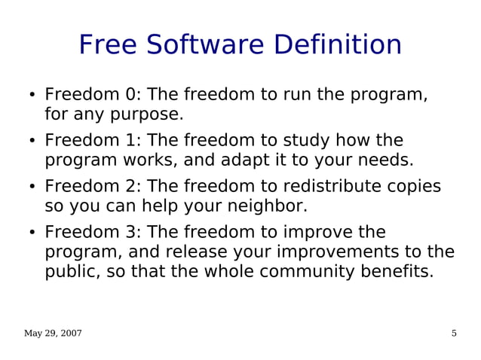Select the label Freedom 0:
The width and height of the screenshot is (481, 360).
click(x=92, y=95)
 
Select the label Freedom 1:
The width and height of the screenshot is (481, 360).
click(x=92, y=141)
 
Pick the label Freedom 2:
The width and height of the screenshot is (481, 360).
click(x=92, y=187)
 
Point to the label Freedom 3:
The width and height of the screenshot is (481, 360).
click(x=92, y=233)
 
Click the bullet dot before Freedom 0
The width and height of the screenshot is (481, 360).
click(x=32, y=96)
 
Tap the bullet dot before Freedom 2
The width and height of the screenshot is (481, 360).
click(x=32, y=188)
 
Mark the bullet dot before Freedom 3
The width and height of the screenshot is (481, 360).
click(x=32, y=233)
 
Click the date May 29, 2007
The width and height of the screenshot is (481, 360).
click(x=53, y=334)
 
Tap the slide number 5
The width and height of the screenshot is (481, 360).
click(x=454, y=334)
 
